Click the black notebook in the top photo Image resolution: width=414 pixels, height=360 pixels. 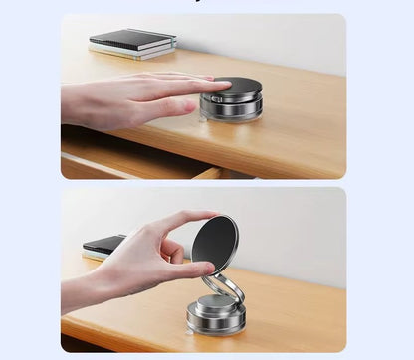(x=132, y=40)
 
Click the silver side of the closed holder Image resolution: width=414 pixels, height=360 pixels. (x=231, y=106)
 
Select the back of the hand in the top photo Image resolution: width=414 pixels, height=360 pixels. (x=119, y=94)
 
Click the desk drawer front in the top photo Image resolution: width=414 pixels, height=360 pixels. (x=129, y=164)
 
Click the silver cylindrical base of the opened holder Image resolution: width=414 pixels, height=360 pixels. (x=216, y=317)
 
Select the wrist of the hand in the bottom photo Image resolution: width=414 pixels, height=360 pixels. (x=80, y=293)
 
